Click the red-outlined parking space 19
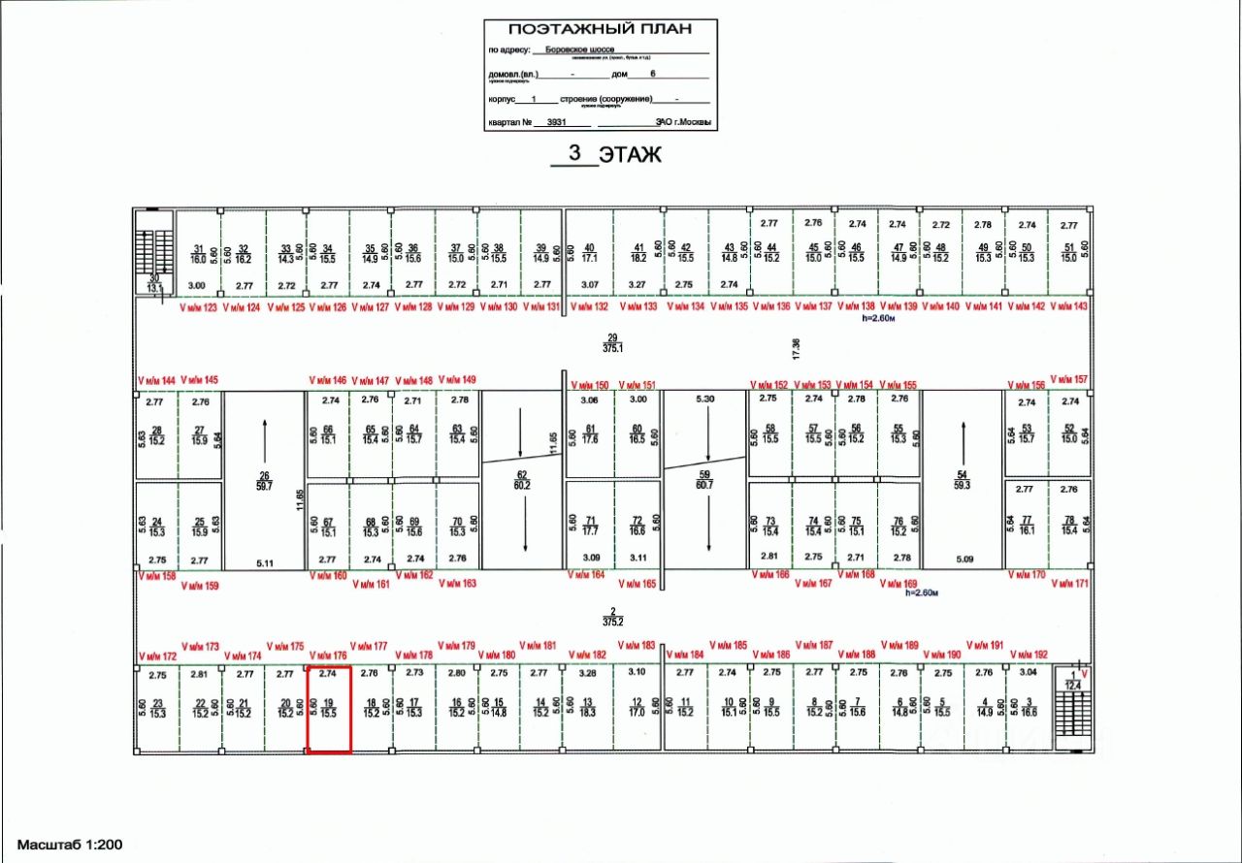click(x=329, y=709)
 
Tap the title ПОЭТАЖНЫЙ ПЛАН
click(x=601, y=29)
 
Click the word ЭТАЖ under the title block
click(x=630, y=153)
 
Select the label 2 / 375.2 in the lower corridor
click(x=611, y=615)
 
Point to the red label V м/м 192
click(x=1029, y=655)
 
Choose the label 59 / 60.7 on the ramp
click(x=705, y=479)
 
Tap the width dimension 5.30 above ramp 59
click(x=705, y=399)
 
